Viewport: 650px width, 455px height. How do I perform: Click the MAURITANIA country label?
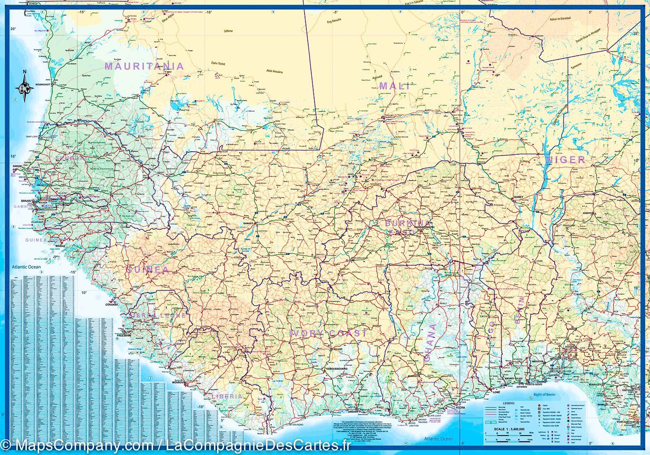point(144,66)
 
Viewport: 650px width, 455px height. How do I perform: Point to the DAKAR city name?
point(17,166)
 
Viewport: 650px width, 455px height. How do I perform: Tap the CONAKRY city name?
point(111,304)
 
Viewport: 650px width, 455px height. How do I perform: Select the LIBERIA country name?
point(227,396)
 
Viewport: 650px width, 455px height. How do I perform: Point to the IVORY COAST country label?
point(328,333)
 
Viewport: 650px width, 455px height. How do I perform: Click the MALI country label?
point(394,86)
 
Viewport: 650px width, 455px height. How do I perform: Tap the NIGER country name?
point(565,159)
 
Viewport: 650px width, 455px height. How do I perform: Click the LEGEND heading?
point(509,403)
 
